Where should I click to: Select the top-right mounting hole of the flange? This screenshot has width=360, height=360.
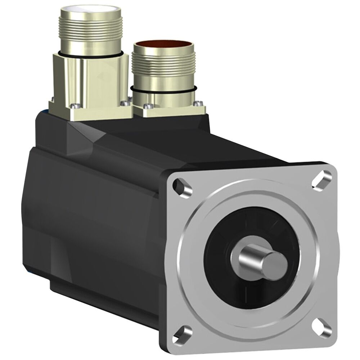coord(321,178)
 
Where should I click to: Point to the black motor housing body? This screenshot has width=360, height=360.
coord(90,209)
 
